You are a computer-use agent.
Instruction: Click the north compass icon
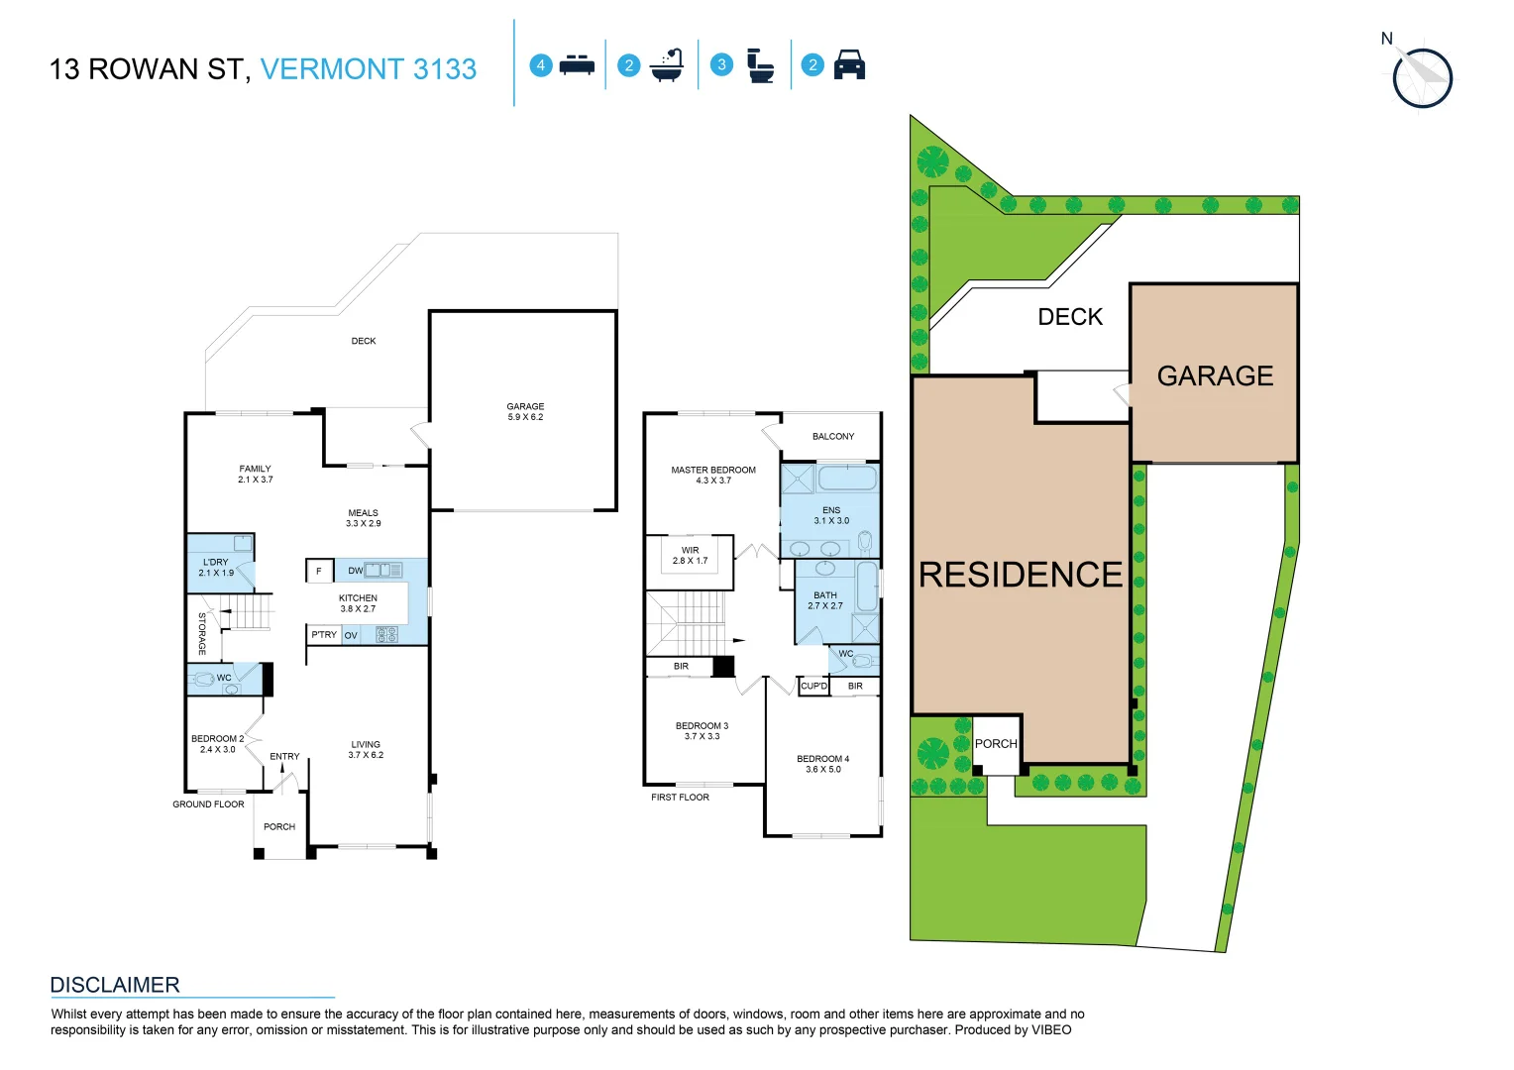coord(1422,77)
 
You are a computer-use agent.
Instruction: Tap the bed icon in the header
coord(577,65)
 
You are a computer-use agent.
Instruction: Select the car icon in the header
coord(849,65)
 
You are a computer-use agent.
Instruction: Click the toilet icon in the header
coord(760,65)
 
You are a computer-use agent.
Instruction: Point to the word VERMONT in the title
coord(332,69)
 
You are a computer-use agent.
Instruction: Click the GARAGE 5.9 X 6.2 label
coord(525,412)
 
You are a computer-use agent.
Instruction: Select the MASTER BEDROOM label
coord(713,475)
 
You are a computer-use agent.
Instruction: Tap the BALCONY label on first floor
coord(832,436)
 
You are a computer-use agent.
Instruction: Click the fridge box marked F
coord(319,571)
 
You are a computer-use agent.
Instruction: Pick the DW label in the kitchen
coord(355,571)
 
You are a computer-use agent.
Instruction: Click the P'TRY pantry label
coord(324,635)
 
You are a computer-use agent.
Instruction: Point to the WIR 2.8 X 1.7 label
coord(690,556)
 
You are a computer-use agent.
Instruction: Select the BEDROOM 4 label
coord(822,764)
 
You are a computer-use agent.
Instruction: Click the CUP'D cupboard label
coord(813,686)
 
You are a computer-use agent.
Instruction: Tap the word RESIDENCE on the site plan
coord(1021,575)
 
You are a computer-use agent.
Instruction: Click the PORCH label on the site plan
coord(996,744)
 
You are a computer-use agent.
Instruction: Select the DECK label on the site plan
coord(1070,317)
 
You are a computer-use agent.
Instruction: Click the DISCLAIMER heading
coord(115,985)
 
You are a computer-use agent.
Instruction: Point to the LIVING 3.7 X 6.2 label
coord(366,750)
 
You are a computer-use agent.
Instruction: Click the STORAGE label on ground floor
coord(202,634)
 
